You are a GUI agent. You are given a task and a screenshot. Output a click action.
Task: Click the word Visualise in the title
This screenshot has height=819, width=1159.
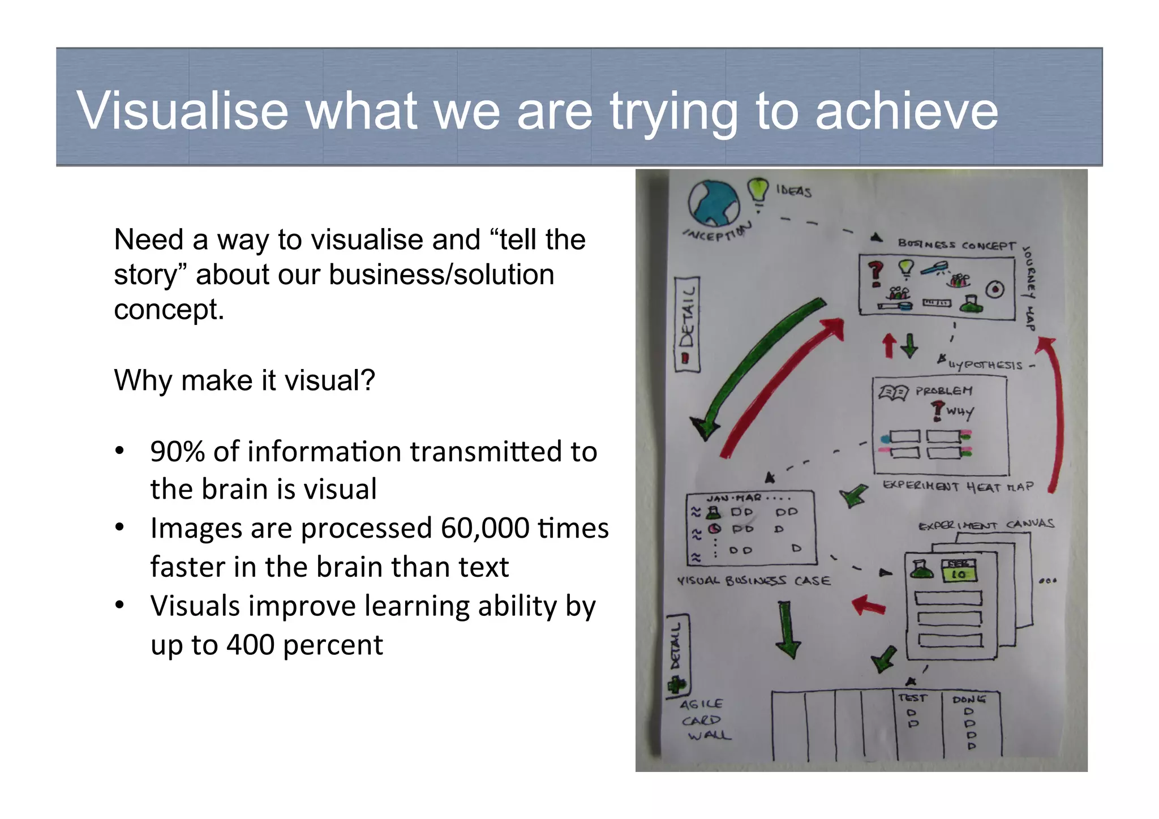tap(182, 110)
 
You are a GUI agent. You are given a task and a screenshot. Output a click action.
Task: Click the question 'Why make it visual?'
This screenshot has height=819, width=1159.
tap(244, 380)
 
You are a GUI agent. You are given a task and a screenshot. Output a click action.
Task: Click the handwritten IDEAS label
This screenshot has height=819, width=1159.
tap(793, 191)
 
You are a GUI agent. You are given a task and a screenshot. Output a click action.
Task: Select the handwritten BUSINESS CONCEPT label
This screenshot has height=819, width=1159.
tap(956, 245)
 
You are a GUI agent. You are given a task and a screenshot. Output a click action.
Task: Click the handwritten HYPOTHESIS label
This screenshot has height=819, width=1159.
tap(985, 365)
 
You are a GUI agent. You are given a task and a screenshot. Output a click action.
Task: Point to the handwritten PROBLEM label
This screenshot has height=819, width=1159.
tap(943, 391)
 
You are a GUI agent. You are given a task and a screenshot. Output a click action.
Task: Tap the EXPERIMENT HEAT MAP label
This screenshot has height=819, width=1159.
tap(958, 487)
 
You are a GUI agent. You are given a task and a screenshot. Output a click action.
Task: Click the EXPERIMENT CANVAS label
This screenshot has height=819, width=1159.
tap(986, 525)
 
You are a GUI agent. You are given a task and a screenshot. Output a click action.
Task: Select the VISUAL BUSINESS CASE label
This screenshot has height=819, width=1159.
tap(754, 581)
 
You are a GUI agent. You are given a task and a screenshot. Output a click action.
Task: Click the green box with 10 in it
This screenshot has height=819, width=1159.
tap(959, 574)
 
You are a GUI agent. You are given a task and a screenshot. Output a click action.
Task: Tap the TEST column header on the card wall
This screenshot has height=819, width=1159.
tap(912, 698)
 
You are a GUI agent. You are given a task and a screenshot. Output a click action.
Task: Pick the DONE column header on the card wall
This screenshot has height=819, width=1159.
tap(968, 700)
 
